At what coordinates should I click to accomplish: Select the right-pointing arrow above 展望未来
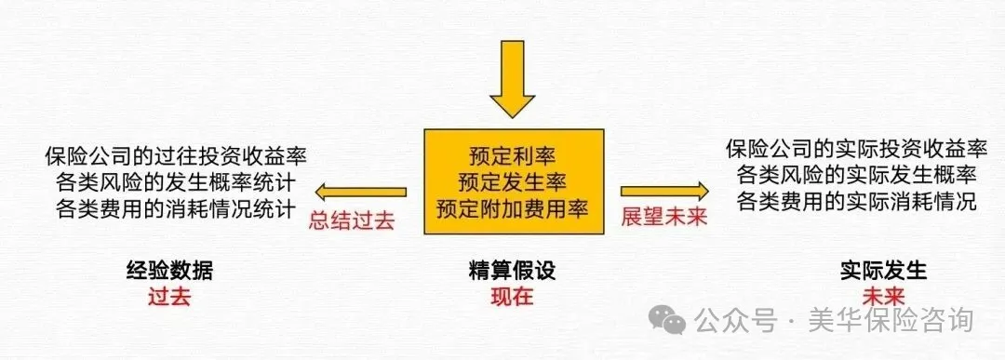(664, 192)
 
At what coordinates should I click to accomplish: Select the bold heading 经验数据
(169, 272)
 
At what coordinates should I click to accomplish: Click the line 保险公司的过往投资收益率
(177, 154)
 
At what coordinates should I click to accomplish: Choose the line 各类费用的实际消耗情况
(856, 201)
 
